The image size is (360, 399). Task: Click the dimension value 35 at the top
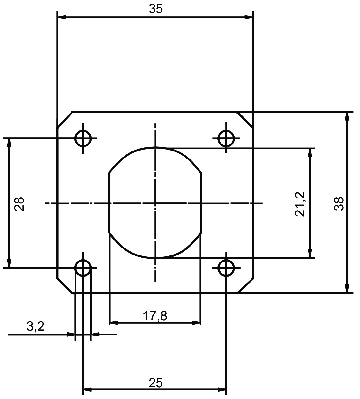click(x=156, y=9)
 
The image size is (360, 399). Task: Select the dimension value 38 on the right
click(x=339, y=203)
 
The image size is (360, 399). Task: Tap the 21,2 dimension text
click(x=299, y=204)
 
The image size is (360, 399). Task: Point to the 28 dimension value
click(x=19, y=204)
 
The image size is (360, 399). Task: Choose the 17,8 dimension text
click(x=155, y=316)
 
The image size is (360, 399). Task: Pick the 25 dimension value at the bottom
click(x=156, y=383)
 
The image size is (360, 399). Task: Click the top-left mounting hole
click(x=83, y=138)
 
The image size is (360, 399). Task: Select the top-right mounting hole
click(x=226, y=138)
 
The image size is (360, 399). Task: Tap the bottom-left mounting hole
click(x=83, y=268)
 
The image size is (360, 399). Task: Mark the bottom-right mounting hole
click(x=226, y=268)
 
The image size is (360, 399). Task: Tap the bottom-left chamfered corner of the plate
click(x=65, y=285)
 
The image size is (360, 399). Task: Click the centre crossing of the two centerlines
click(x=155, y=203)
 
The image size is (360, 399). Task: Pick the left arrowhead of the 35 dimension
click(x=62, y=17)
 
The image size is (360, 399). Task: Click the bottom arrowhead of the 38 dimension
click(x=347, y=288)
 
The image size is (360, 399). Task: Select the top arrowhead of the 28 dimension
click(x=9, y=143)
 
